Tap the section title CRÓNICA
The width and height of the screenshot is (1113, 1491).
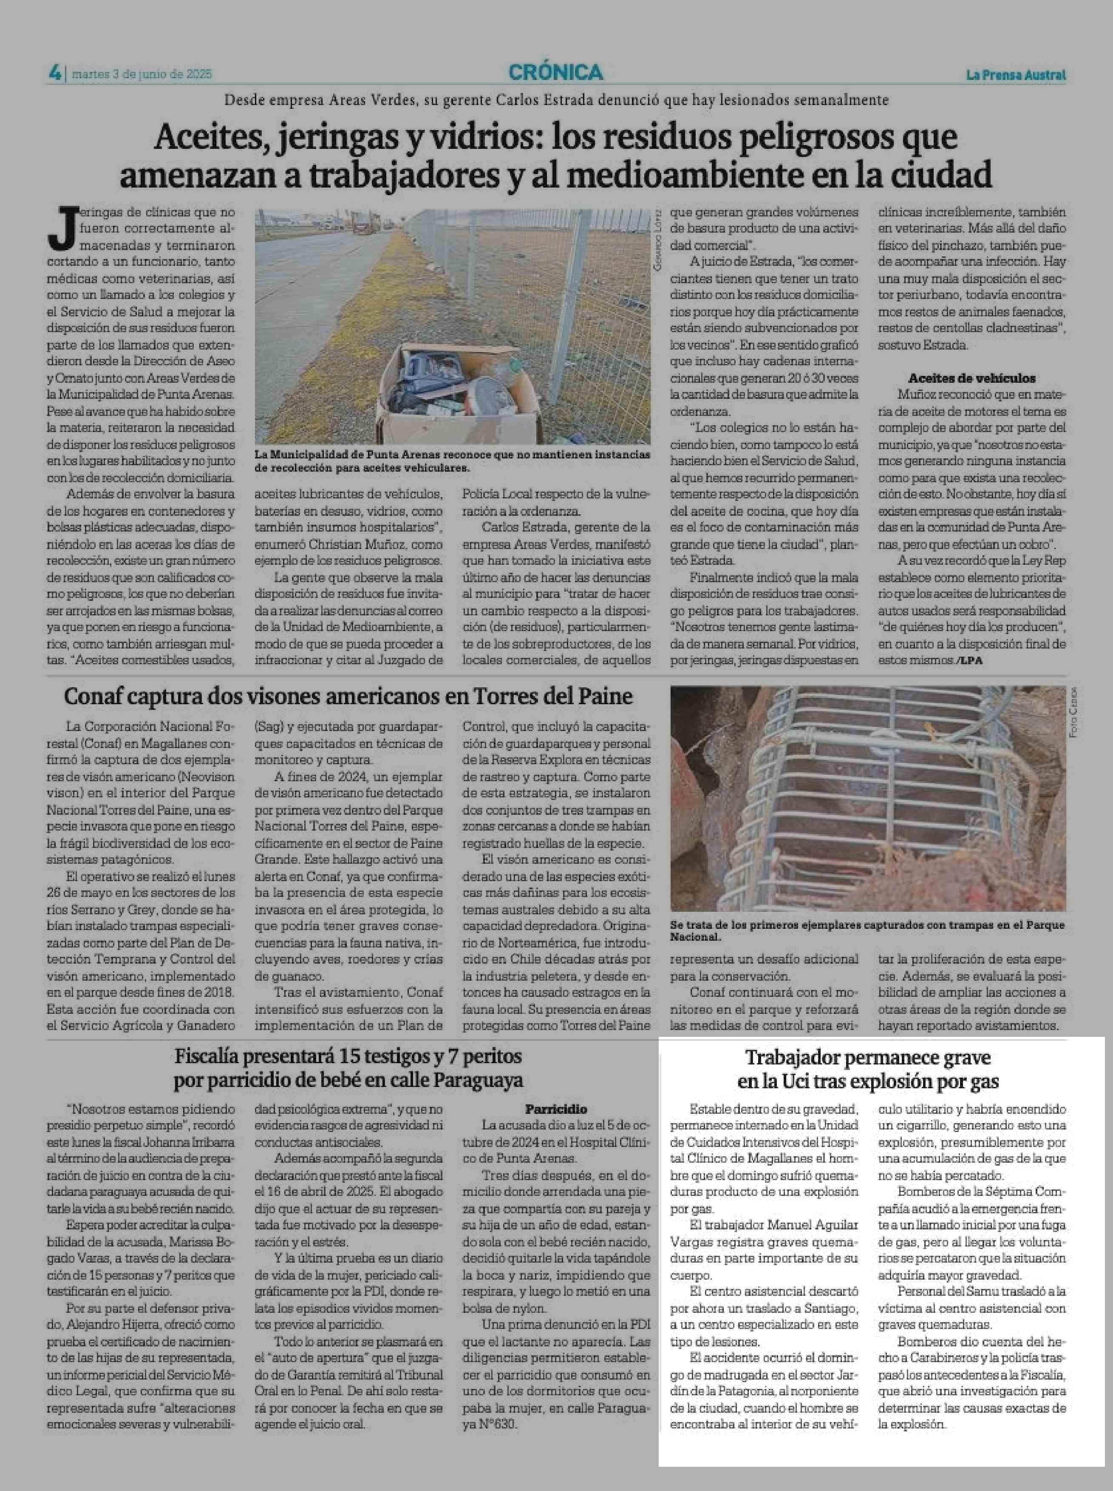coord(556,72)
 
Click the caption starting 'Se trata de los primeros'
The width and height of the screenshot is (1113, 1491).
coord(867,930)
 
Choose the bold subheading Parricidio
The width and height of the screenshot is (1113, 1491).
coord(556,1109)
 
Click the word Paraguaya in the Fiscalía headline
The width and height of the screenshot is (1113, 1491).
coord(479,1081)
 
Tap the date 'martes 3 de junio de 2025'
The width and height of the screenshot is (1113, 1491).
coord(142,74)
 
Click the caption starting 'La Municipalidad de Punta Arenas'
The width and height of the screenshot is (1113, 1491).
coord(452,461)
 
